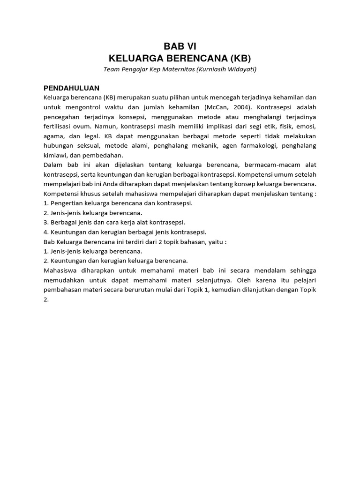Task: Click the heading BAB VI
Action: click(x=180, y=46)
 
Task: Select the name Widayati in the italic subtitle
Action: click(x=240, y=69)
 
